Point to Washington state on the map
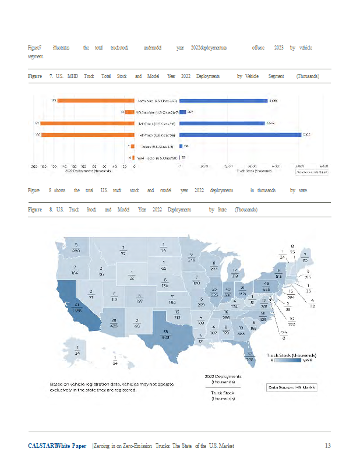coord(76,248)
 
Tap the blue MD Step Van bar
coord(182,112)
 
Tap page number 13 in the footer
coord(328,446)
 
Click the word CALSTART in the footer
coord(42,446)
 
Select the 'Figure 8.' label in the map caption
coord(41,210)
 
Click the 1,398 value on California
coord(75,310)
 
